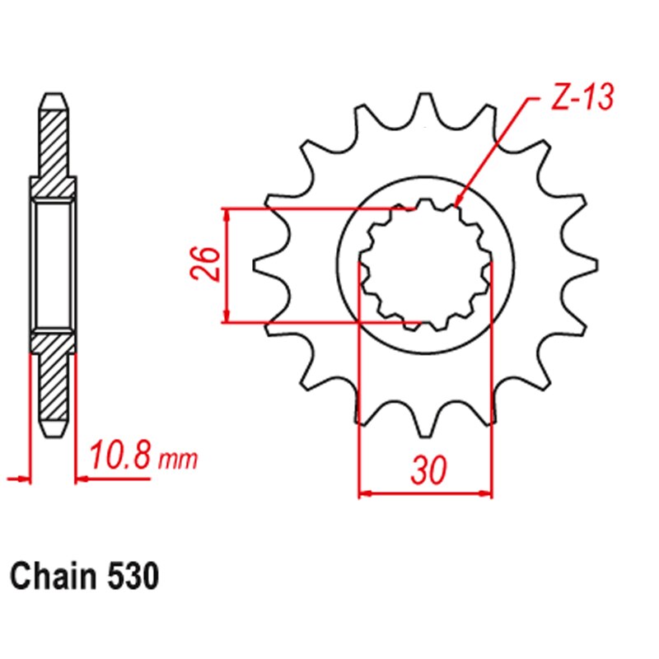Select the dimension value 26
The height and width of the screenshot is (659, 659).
coord(208,264)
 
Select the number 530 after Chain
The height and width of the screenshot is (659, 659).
coord(131,577)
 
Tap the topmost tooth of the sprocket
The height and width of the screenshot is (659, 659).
coord(425,103)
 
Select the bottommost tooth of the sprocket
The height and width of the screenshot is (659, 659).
coord(425,428)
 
